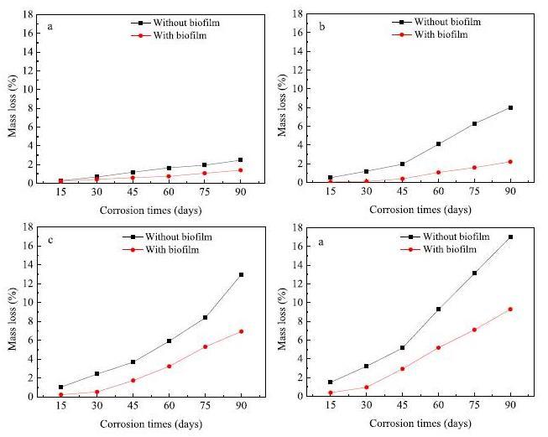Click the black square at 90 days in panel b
(x=510, y=107)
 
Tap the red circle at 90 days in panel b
(x=510, y=162)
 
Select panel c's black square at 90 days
(x=242, y=274)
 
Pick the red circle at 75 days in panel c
(x=206, y=346)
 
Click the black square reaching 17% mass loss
(x=510, y=237)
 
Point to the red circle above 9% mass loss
(x=510, y=309)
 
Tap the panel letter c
(x=51, y=241)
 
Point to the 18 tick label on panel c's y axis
(x=29, y=227)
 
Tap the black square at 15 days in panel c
(x=60, y=387)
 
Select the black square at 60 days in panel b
(x=438, y=144)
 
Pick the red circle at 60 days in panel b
(x=438, y=172)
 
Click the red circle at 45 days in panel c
(x=133, y=380)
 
